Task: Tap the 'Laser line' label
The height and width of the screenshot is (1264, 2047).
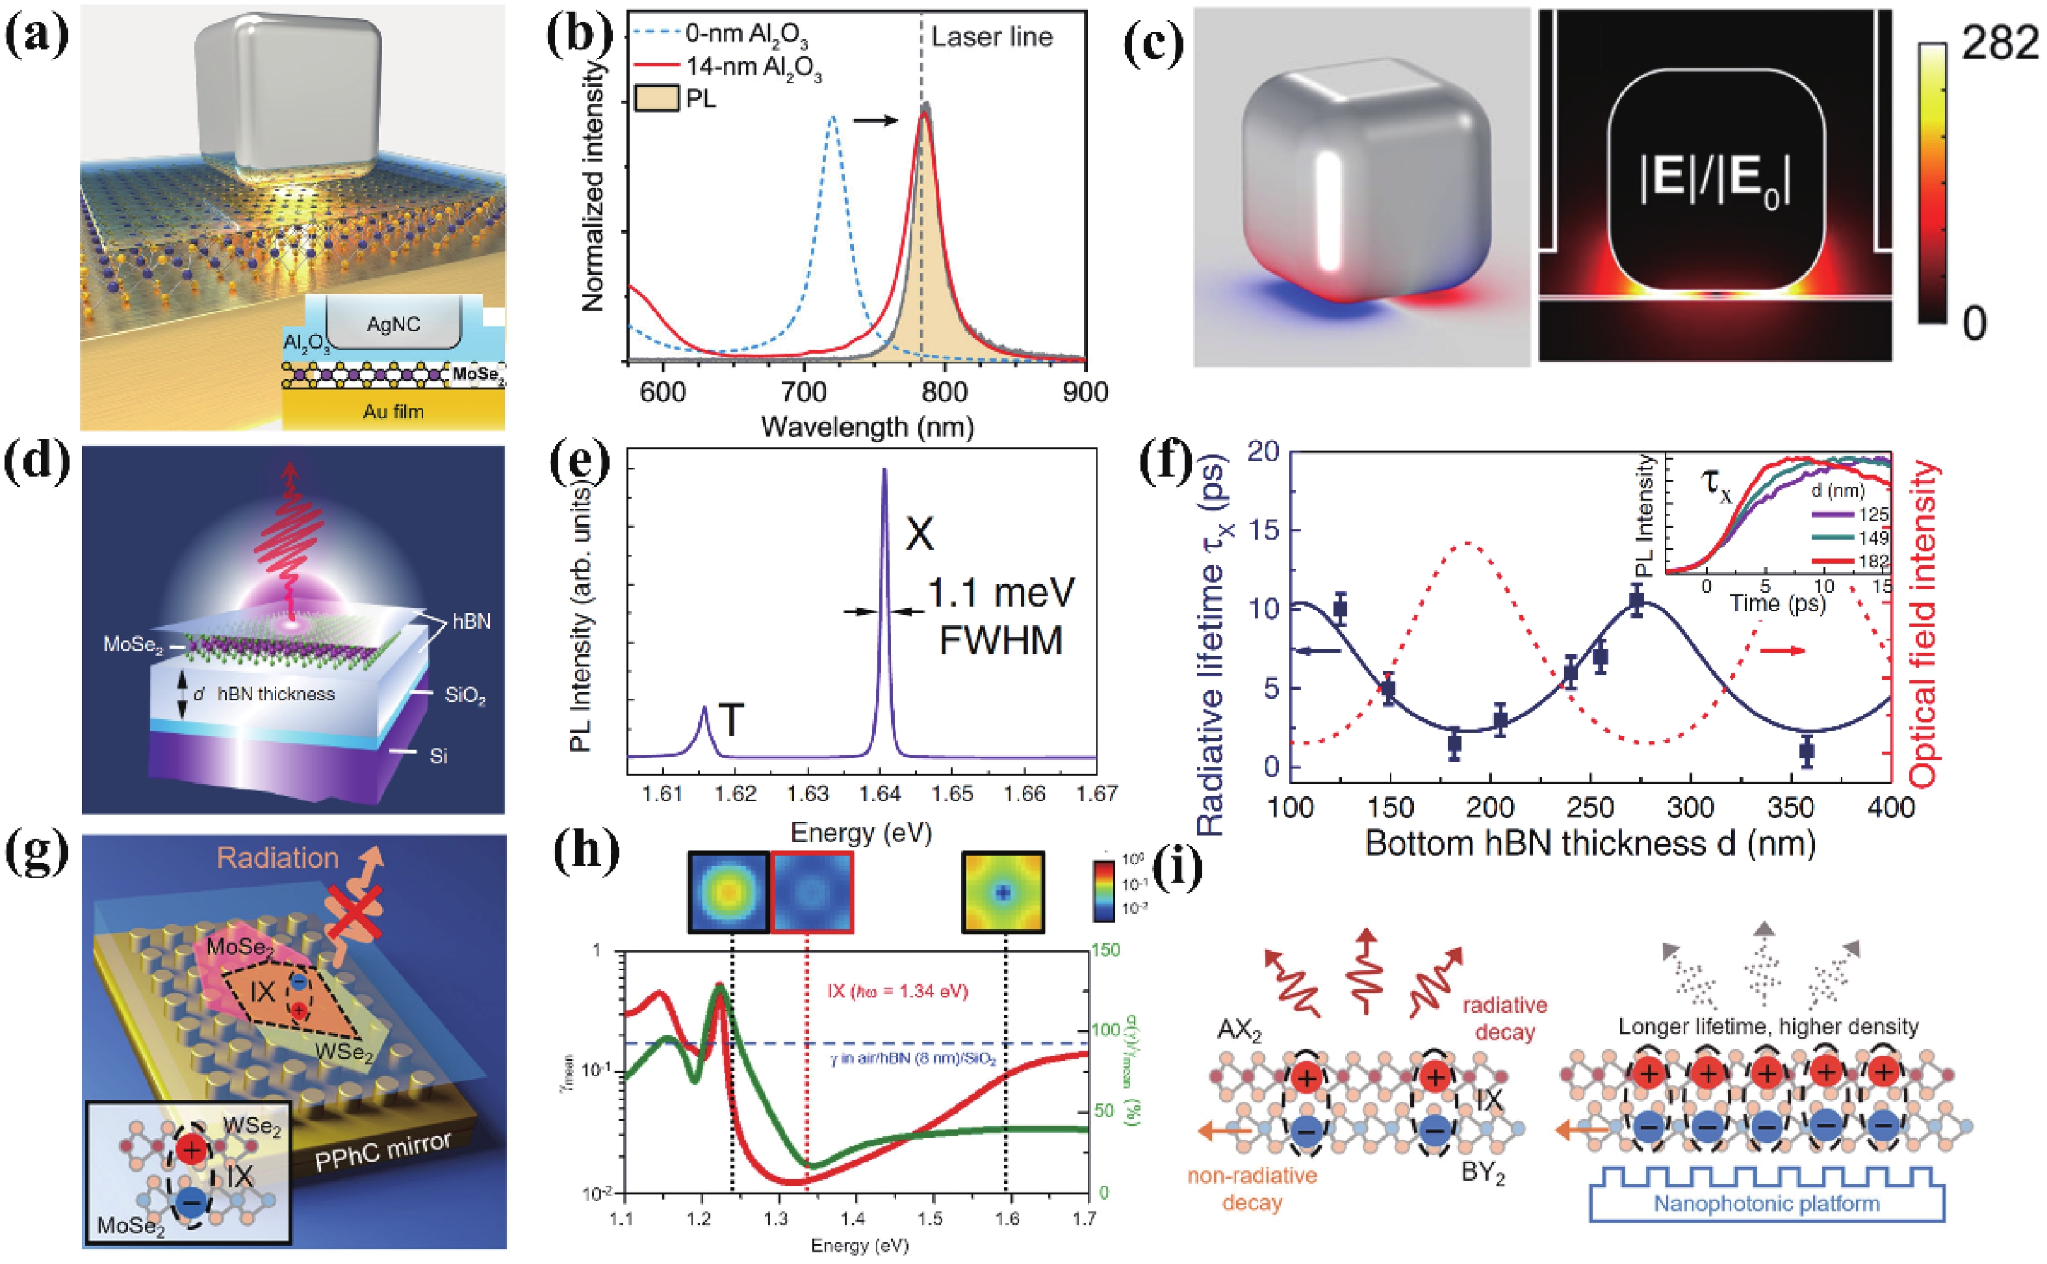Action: click(x=992, y=37)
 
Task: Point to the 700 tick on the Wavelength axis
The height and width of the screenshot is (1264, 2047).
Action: click(x=804, y=392)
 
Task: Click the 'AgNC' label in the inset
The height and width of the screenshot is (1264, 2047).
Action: click(x=394, y=324)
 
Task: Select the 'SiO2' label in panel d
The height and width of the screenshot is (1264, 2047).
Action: click(x=465, y=696)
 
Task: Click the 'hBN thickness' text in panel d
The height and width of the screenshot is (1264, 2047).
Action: click(x=276, y=694)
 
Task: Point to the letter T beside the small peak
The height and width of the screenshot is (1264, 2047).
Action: click(x=731, y=720)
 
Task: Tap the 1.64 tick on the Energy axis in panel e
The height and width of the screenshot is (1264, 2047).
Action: click(x=880, y=793)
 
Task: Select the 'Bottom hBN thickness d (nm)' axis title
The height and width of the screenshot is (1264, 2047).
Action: click(x=1590, y=843)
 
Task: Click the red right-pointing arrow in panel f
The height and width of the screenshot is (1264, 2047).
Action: click(x=1783, y=650)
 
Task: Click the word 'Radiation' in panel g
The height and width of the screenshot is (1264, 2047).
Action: click(x=277, y=858)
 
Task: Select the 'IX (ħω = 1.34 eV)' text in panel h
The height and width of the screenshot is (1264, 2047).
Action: click(x=897, y=992)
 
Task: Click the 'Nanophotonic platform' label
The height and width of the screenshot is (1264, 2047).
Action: click(x=1766, y=1204)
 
